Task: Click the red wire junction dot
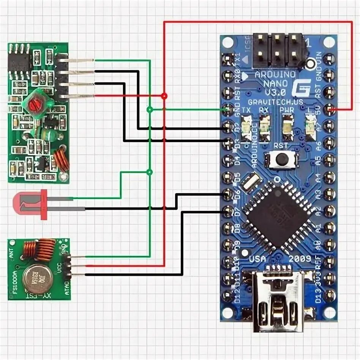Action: pyautogui.click(x=164, y=96)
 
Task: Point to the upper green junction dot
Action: pyautogui.click(x=150, y=110)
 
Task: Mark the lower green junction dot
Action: pyautogui.click(x=150, y=172)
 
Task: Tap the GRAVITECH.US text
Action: pyautogui.click(x=270, y=102)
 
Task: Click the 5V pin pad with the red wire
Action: pyautogui.click(x=330, y=110)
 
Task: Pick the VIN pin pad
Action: pyautogui.click(x=330, y=59)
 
